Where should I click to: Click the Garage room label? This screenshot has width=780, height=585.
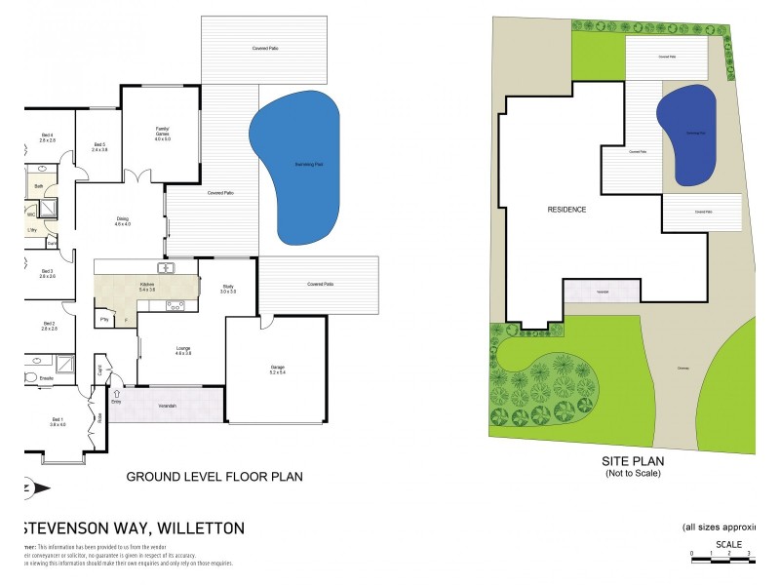[x=277, y=369]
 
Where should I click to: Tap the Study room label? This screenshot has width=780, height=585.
[x=227, y=289]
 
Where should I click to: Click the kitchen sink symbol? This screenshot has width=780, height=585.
[x=166, y=268]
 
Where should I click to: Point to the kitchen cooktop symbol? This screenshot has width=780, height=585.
[x=176, y=305]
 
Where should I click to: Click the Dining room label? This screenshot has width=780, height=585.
[x=123, y=220]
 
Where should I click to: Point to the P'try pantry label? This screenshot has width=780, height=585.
[x=103, y=319]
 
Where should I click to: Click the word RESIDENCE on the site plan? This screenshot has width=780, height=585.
[x=566, y=210]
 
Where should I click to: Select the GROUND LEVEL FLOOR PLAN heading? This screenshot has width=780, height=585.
[x=214, y=478]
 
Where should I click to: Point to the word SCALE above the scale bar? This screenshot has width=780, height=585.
[x=728, y=545]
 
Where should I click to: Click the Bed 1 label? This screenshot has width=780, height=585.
[x=58, y=420]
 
